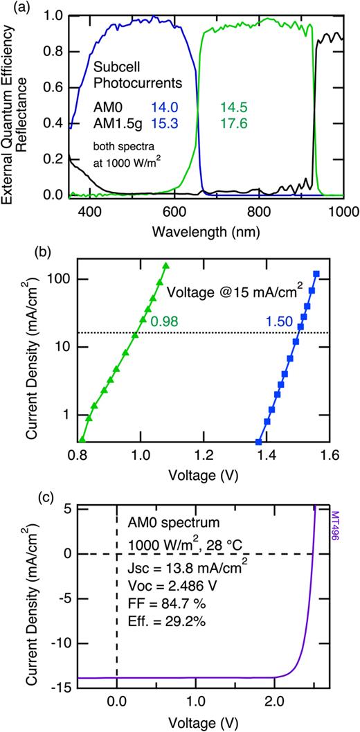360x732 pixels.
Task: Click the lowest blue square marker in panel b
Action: [x=259, y=442]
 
